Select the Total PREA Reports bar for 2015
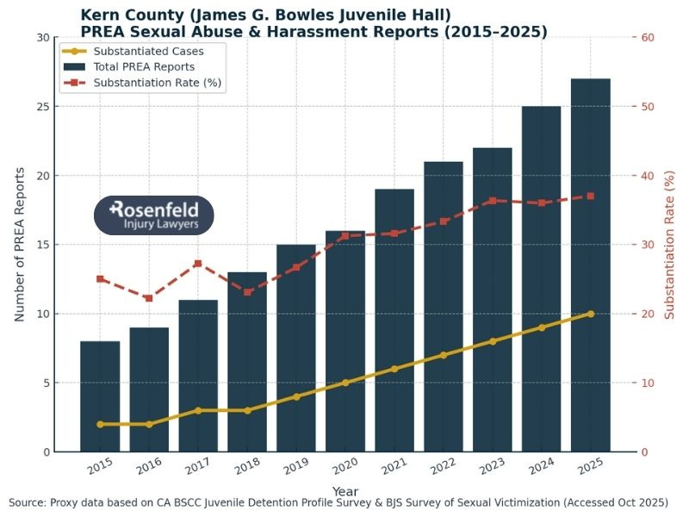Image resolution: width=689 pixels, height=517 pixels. click(x=100, y=396)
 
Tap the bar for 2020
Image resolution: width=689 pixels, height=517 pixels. click(x=345, y=341)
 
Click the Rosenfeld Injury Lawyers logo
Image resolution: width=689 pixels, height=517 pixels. click(x=153, y=215)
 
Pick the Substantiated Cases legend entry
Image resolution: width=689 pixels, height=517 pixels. click(x=143, y=51)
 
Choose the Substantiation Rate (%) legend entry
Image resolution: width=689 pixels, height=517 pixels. click(x=143, y=83)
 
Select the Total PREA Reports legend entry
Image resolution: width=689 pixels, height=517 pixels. click(x=143, y=66)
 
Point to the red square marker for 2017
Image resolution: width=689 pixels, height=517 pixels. click(x=198, y=263)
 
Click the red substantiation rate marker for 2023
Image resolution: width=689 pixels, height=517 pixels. click(x=493, y=201)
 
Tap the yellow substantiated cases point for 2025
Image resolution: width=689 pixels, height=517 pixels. click(x=590, y=314)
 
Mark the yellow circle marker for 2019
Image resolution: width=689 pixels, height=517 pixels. click(x=296, y=396)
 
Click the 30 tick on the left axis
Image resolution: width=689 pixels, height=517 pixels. click(x=42, y=38)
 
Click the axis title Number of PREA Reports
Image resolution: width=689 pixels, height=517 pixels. click(x=20, y=245)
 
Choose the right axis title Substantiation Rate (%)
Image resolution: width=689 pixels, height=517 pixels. click(x=671, y=245)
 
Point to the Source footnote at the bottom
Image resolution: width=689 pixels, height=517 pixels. click(x=344, y=502)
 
